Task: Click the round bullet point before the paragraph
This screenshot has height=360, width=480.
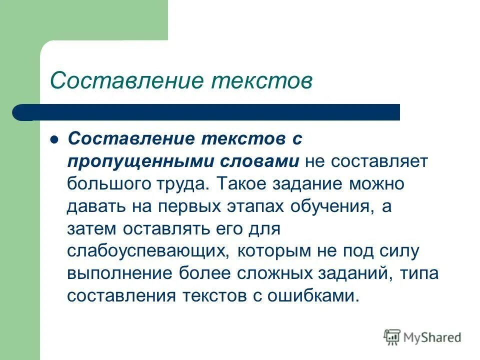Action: click(x=55, y=140)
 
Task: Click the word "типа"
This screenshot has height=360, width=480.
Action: click(x=420, y=273)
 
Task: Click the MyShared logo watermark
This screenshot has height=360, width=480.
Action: click(x=422, y=337)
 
